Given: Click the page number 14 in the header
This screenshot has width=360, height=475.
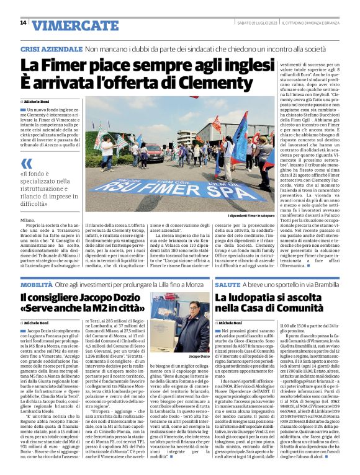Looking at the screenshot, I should [x=23, y=23].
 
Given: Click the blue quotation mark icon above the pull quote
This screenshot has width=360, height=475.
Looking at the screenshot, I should [x=27, y=163].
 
